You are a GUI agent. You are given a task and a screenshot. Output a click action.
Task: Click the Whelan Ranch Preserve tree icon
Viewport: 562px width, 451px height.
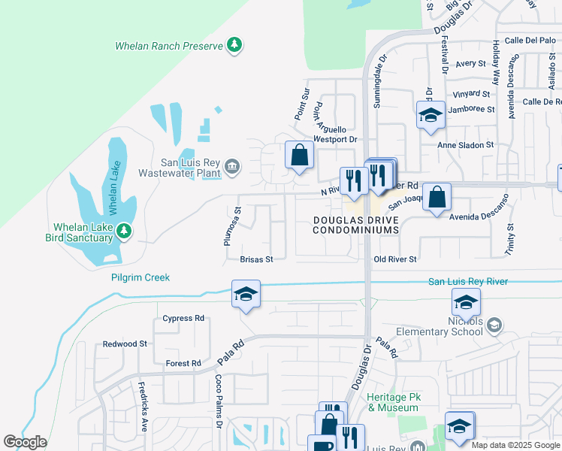tap(235, 46)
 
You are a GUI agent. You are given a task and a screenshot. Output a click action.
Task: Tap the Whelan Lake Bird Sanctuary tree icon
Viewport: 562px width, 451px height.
tap(125, 232)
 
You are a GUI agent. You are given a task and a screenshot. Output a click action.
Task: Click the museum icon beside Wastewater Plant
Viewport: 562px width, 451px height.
tap(232, 165)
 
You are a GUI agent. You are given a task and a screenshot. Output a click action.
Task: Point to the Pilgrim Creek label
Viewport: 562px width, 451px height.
tap(138, 277)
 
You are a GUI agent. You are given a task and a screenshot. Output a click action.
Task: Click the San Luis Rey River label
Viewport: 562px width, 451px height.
tap(467, 281)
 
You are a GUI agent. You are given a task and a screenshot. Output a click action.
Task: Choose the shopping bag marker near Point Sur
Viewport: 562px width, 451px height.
tap(299, 156)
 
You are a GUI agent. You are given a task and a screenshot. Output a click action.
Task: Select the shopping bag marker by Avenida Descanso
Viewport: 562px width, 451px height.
tap(437, 198)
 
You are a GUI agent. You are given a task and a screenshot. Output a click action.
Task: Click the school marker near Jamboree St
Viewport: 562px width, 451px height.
tap(431, 115)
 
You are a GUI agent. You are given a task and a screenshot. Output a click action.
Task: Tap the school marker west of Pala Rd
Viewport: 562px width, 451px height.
tap(246, 294)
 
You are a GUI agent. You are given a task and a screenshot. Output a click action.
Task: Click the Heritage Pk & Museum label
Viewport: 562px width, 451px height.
tap(392, 402)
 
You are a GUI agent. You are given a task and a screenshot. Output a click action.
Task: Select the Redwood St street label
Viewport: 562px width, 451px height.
tap(125, 344)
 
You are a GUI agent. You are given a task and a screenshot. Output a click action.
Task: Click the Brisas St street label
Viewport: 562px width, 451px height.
tap(255, 259)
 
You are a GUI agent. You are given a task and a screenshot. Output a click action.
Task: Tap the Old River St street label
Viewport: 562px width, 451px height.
tap(395, 259)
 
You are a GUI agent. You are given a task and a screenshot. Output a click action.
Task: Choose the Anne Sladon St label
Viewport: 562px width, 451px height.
tap(466, 144)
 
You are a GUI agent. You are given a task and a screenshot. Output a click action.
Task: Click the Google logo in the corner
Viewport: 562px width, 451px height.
tap(26, 442)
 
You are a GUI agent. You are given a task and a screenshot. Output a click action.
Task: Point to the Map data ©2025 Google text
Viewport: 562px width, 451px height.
tap(515, 445)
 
